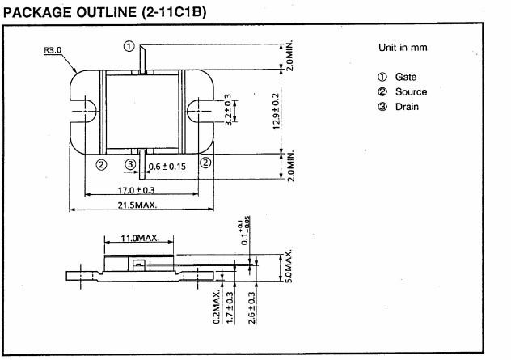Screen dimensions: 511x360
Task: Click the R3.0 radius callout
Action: click(x=53, y=50)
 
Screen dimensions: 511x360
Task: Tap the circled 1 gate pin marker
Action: click(x=129, y=46)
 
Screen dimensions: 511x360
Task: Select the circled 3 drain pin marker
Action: click(x=130, y=164)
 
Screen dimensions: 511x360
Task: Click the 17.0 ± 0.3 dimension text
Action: click(x=136, y=190)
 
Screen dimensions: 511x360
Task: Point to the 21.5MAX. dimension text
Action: click(x=137, y=205)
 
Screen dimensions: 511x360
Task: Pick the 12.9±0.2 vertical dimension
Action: click(x=276, y=111)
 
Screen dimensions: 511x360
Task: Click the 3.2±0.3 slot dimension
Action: click(x=228, y=110)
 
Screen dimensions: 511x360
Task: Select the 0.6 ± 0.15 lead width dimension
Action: click(x=167, y=167)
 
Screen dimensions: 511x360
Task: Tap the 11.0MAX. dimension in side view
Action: click(x=140, y=239)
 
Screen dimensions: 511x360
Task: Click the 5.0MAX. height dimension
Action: click(x=289, y=267)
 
